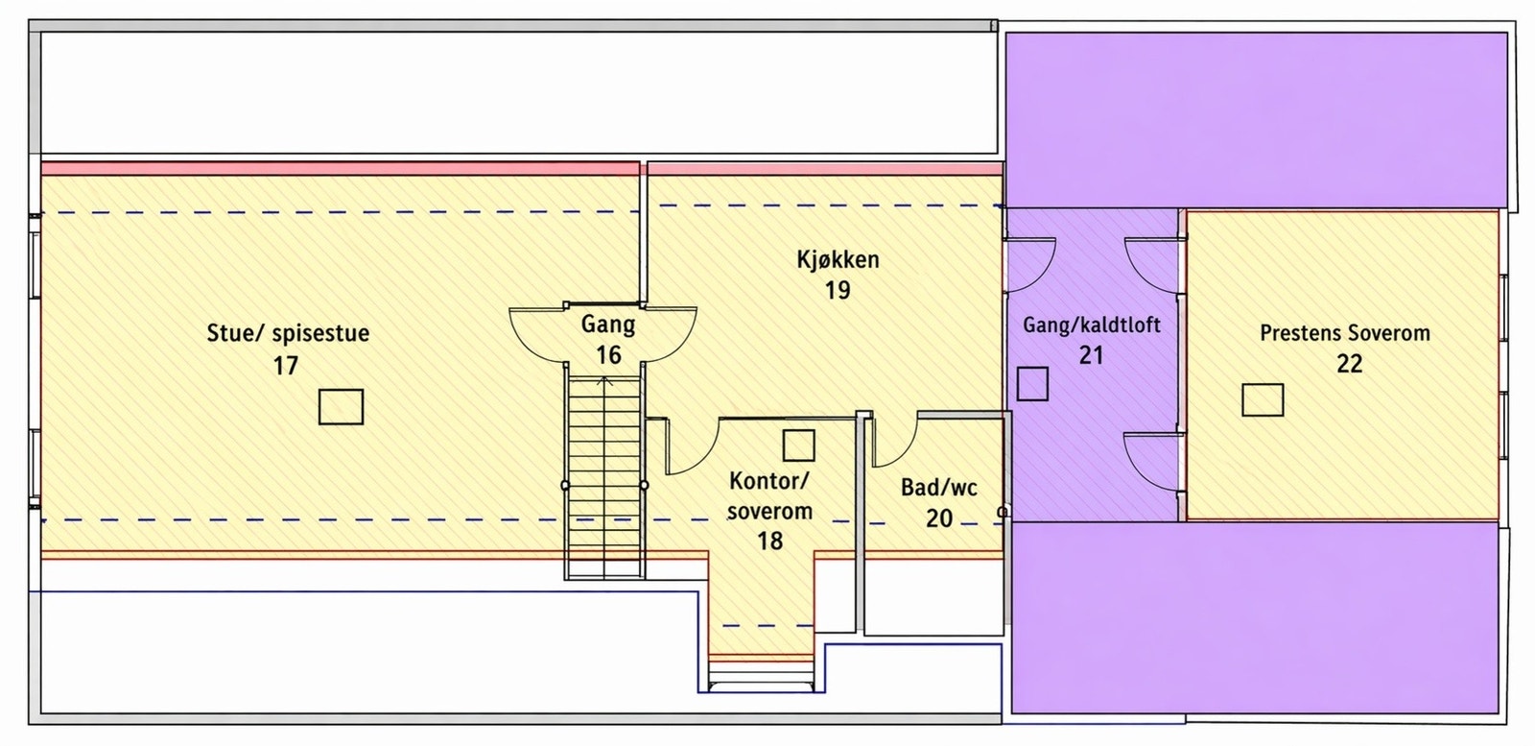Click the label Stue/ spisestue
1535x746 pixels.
click(288, 334)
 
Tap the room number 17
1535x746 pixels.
click(286, 366)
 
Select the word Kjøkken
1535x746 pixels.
click(838, 259)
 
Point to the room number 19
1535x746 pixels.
click(838, 290)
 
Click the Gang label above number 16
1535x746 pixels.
click(608, 325)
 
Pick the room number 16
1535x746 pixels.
click(608, 355)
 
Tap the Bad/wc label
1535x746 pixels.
click(939, 488)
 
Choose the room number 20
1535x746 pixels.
click(939, 518)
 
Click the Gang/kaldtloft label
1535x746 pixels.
click(1092, 325)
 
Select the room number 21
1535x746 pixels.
click(1091, 355)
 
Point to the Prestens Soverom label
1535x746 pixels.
click(1345, 333)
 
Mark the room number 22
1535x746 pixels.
click(1349, 364)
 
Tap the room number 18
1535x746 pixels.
click(769, 541)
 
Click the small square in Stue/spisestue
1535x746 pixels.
click(341, 406)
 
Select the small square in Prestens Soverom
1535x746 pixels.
click(1263, 399)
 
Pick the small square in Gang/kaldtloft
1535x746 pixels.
click(1032, 384)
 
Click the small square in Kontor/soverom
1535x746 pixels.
click(798, 445)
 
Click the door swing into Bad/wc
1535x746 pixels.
click(895, 443)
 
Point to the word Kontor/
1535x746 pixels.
click(768, 481)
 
